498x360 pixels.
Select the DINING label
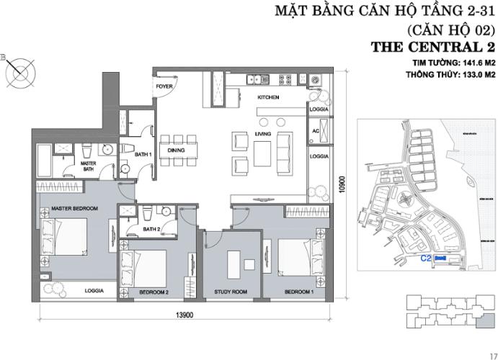(x=177, y=150)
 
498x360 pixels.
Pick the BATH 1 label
(x=141, y=153)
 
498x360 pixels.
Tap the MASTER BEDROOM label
(x=75, y=209)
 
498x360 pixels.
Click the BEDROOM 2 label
(x=154, y=292)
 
